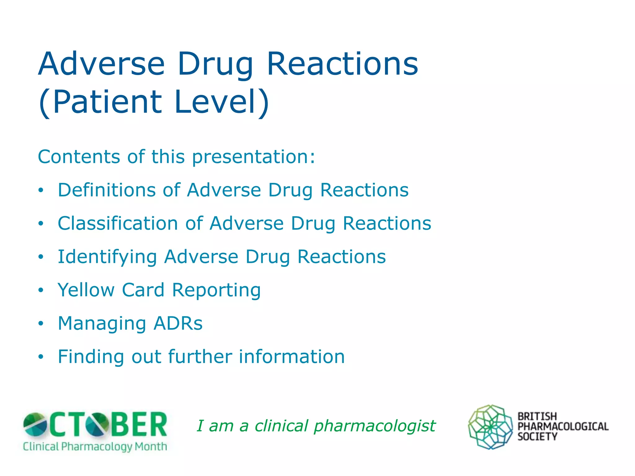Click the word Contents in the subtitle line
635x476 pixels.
click(x=79, y=156)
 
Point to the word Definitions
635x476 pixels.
click(x=106, y=190)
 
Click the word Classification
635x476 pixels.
click(x=118, y=223)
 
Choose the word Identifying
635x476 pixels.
click(x=107, y=257)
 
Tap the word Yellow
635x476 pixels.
click(x=86, y=290)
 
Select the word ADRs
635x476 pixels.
click(x=178, y=324)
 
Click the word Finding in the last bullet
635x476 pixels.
click(x=91, y=357)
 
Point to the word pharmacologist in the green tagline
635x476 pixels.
click(x=375, y=426)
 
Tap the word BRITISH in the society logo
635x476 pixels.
click(x=537, y=416)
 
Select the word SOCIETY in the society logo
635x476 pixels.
click(x=537, y=437)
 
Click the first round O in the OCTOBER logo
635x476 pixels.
click(x=35, y=424)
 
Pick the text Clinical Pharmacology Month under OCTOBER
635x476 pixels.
click(x=95, y=447)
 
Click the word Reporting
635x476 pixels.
click(x=216, y=290)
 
